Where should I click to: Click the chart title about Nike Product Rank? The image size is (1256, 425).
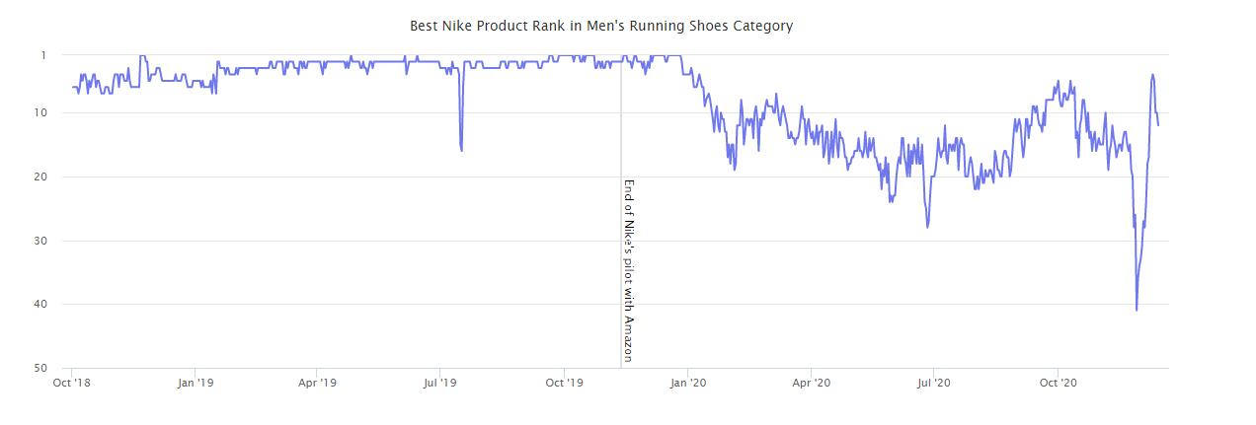point(600,26)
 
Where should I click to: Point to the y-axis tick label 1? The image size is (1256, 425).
point(43,55)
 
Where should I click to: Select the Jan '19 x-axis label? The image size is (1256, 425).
point(196,383)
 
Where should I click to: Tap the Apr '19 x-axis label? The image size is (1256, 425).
point(318,383)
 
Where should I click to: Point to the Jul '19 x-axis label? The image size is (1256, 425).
point(439,383)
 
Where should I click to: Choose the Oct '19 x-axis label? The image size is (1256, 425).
point(563,383)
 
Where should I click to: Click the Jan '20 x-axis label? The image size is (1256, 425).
point(687,383)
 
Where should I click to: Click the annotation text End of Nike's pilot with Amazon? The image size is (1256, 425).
point(628,270)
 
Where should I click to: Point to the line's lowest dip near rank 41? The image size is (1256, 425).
point(1137,310)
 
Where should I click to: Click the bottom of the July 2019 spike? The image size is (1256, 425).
point(462,150)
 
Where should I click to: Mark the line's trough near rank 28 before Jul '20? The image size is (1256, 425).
point(927,227)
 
